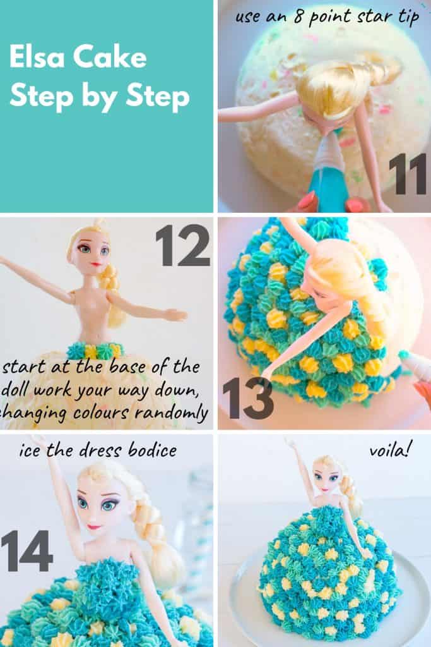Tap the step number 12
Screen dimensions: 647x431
(182, 245)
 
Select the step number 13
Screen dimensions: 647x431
(247, 398)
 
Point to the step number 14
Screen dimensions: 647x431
(27, 551)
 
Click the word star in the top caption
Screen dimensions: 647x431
(369, 17)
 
